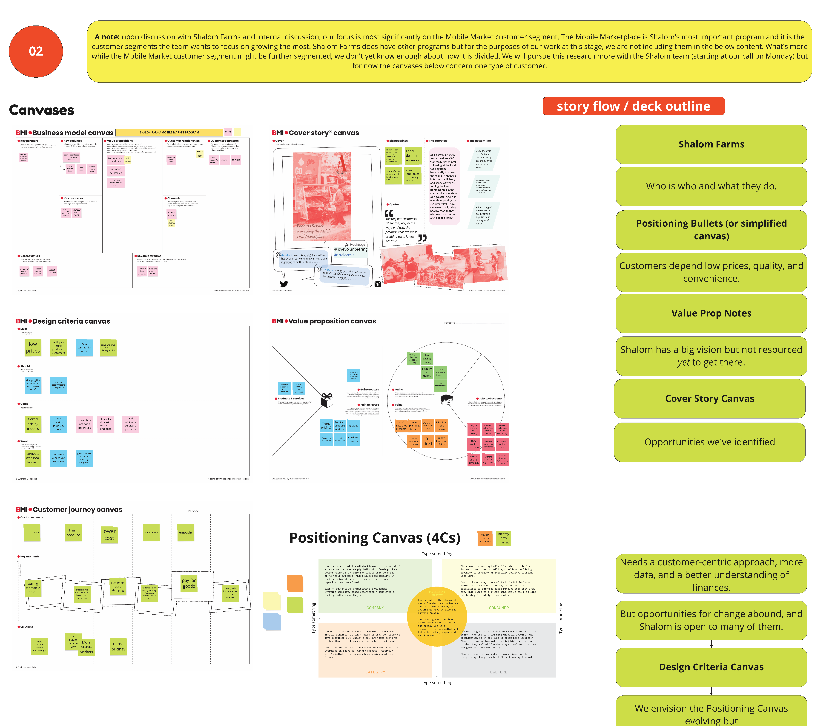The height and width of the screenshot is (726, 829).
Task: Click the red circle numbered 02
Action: coord(36,51)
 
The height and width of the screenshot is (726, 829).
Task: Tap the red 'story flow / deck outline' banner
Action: coord(633,106)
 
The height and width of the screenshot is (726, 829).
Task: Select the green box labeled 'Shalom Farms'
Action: coord(711,144)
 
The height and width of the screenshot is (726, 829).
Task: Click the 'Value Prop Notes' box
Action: coord(711,313)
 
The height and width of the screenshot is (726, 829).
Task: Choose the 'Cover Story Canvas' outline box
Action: coord(709,399)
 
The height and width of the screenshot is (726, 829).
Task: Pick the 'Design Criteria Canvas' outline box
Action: coord(711,667)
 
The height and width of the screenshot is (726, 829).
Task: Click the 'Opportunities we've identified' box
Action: coord(709,442)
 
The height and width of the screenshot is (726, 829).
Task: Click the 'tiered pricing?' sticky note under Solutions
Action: coord(118,646)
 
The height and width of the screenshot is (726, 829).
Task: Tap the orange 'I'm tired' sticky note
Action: coord(428,441)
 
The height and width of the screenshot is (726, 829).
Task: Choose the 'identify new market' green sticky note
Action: coord(503,538)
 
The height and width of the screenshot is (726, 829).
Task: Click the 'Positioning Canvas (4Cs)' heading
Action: coord(375,538)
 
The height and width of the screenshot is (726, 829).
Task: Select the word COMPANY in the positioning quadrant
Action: coord(375,608)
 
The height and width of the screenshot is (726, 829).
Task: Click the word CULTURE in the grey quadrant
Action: coord(499,672)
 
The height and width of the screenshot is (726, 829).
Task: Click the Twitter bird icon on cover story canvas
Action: coord(284,284)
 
